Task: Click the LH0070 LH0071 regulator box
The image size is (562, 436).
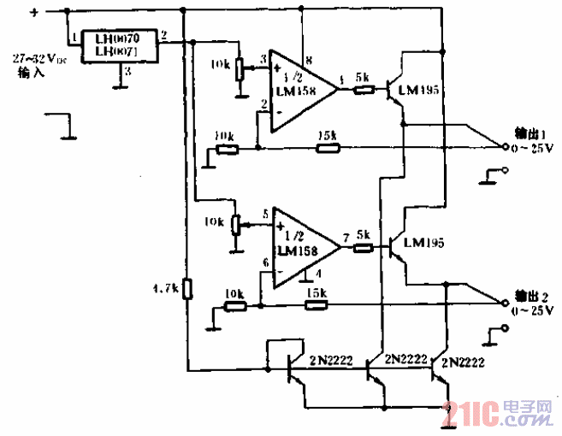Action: [x=119, y=45]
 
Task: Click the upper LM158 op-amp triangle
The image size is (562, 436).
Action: [x=299, y=89]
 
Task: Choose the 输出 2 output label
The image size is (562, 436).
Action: [x=531, y=295]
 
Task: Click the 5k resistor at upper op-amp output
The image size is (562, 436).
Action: [x=362, y=88]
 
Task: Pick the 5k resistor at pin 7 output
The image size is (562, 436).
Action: [x=364, y=248]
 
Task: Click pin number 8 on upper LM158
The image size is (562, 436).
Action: [x=308, y=58]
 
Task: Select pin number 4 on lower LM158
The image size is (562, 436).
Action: [x=317, y=274]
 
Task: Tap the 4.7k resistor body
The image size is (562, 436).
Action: [x=187, y=289]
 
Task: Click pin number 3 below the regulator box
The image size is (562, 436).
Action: [x=127, y=70]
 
